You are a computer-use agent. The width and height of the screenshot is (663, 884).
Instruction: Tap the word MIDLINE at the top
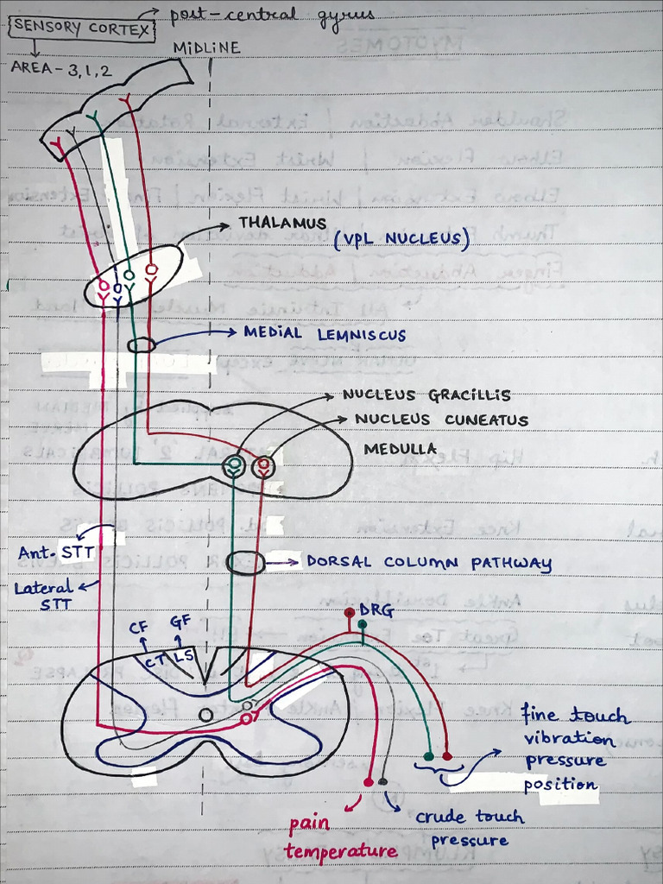[x=206, y=48]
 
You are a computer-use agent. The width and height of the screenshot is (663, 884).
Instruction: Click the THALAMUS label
[x=282, y=224]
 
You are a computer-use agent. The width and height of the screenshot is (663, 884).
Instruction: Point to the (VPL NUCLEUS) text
[x=401, y=239]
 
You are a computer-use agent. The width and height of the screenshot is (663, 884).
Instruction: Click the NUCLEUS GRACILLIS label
[x=426, y=395]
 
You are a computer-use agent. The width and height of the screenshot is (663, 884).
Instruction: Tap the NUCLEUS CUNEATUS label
[x=441, y=420]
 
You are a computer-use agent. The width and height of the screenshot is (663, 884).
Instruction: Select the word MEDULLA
[x=400, y=449]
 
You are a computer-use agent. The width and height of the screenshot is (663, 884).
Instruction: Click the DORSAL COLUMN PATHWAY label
[x=428, y=564]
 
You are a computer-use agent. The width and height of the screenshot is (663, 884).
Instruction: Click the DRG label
[x=376, y=611]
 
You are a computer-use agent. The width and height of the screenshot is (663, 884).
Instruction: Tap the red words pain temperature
[x=340, y=837]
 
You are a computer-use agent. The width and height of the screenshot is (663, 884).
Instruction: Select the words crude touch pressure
[x=470, y=828]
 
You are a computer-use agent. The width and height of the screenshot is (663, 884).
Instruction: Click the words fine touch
[x=575, y=717]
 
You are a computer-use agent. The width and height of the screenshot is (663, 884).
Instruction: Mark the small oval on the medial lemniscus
[x=142, y=345]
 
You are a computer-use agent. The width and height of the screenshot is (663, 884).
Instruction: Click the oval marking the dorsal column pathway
[x=246, y=564]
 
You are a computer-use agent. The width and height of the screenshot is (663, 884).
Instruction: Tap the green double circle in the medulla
[x=232, y=467]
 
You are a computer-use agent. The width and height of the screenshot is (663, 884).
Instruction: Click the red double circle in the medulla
[x=263, y=467]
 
